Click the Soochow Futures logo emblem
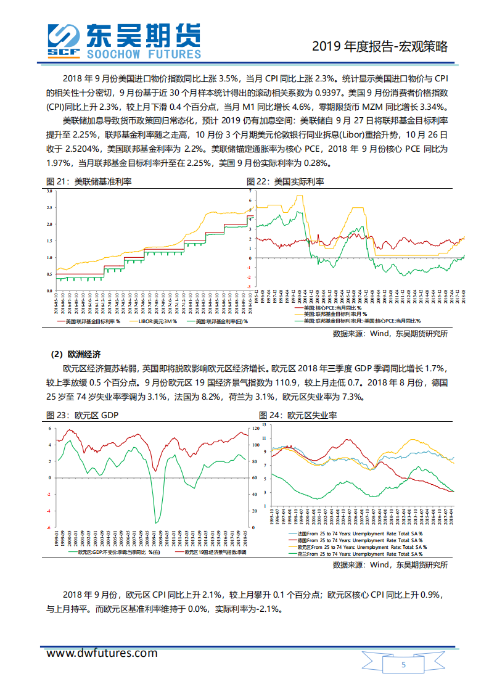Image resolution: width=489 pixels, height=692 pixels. coord(64,40)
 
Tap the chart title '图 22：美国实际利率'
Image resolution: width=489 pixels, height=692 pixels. coord(285,181)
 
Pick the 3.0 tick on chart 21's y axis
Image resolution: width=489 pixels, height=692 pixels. coord(49,191)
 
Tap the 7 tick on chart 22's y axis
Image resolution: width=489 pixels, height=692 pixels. coord(251,191)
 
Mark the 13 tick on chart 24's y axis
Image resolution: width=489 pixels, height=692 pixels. coord(263,426)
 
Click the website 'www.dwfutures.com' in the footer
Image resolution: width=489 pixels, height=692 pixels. coord(102,653)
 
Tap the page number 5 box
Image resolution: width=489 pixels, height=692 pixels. coord(403,665)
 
